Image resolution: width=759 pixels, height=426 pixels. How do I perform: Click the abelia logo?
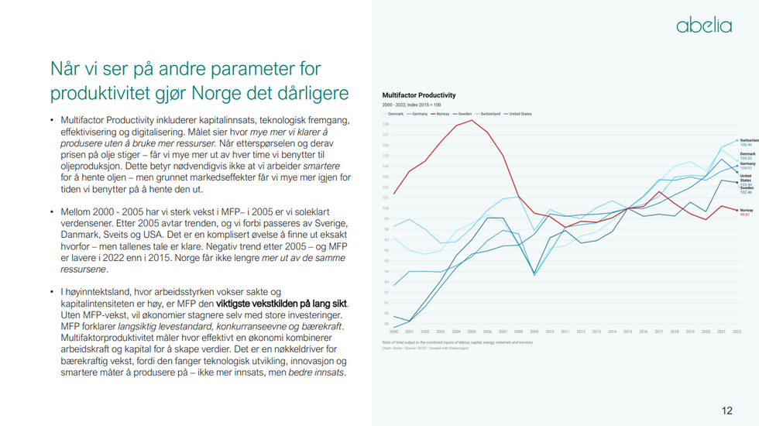pyautogui.click(x=703, y=26)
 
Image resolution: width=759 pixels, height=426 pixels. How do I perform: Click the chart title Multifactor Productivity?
pyautogui.click(x=418, y=95)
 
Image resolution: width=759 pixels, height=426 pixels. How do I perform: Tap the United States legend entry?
pyautogui.click(x=520, y=114)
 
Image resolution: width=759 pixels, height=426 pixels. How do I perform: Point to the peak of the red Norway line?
pyautogui.click(x=472, y=120)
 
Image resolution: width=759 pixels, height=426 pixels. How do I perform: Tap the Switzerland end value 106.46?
pyautogui.click(x=747, y=145)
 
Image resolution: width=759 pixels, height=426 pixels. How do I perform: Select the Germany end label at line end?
pyautogui.click(x=747, y=164)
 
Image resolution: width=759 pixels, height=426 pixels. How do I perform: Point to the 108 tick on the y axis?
pyautogui.click(x=385, y=124)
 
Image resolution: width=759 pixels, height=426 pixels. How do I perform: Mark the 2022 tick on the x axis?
pyautogui.click(x=737, y=332)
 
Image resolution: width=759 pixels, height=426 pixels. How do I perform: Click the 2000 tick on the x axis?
pyautogui.click(x=393, y=332)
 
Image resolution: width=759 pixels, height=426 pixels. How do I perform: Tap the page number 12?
pyautogui.click(x=726, y=411)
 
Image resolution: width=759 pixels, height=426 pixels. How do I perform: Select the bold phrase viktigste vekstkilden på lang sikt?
pyautogui.click(x=283, y=304)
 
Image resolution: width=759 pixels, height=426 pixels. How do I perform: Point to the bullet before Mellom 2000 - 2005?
pyautogui.click(x=52, y=211)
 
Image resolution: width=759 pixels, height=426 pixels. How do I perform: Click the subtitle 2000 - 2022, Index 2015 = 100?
pyautogui.click(x=411, y=105)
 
